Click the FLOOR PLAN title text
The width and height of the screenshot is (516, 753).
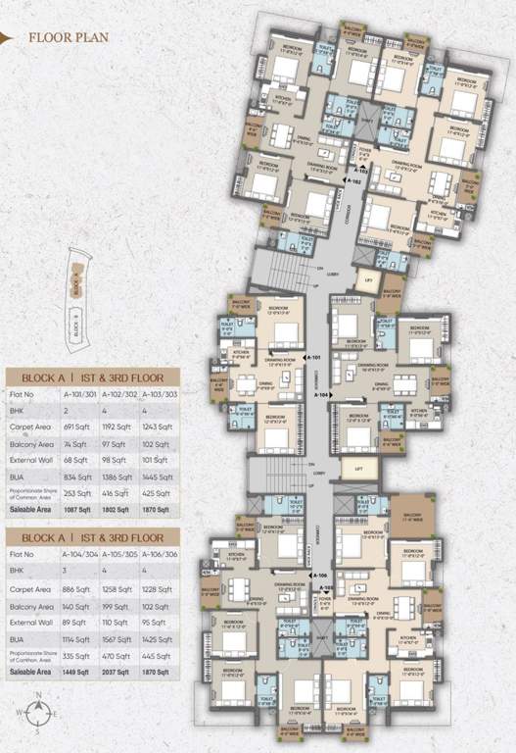[68, 38]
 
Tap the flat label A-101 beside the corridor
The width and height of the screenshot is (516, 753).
[313, 359]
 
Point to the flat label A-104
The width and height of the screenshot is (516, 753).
[322, 394]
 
